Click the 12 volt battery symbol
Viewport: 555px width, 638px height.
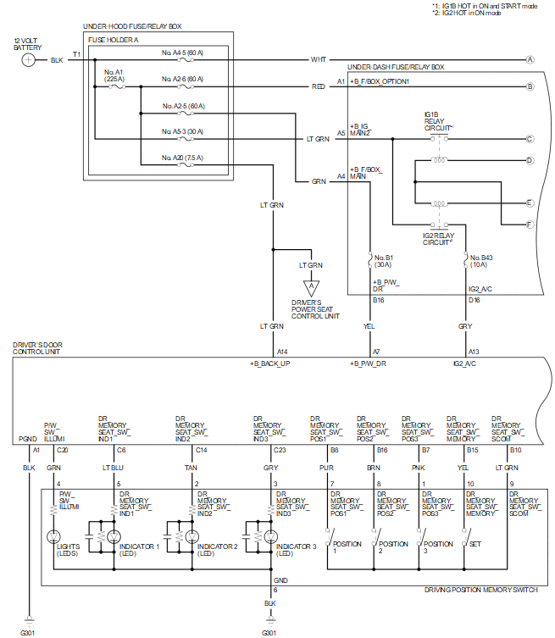point(29,60)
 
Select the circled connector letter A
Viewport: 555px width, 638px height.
point(530,59)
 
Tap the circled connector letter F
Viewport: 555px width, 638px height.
point(530,224)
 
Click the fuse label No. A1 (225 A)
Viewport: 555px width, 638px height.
point(114,75)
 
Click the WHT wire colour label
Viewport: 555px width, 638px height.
point(319,59)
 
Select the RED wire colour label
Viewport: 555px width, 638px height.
point(319,86)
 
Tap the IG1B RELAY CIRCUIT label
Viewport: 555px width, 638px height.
point(439,119)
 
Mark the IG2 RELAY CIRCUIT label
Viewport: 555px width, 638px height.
point(439,240)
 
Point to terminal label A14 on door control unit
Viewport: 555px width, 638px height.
point(282,351)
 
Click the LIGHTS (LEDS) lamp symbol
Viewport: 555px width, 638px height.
point(55,536)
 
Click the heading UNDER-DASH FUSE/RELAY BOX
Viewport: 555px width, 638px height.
point(396,66)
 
